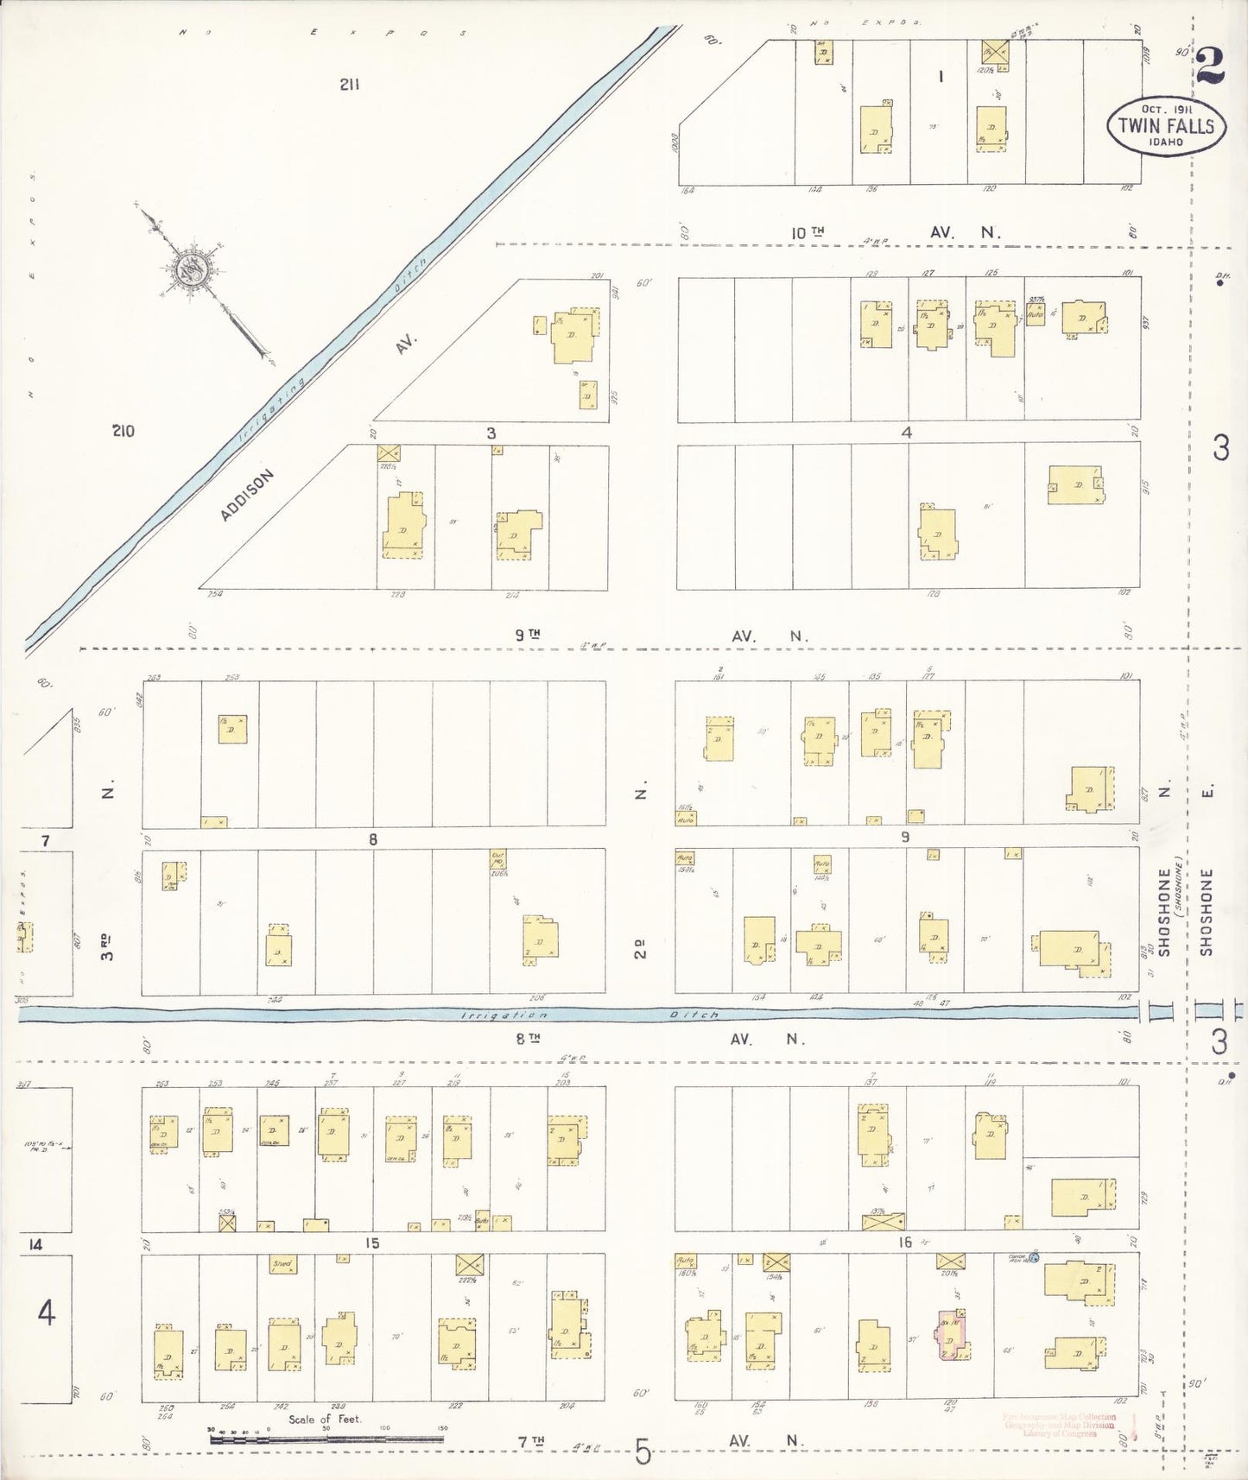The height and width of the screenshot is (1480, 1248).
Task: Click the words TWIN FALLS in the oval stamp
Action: click(1166, 125)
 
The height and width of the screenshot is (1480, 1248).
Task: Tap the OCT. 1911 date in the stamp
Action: click(1165, 109)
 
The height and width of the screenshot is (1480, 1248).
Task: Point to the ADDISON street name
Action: click(246, 496)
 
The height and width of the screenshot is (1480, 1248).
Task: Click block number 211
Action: click(350, 85)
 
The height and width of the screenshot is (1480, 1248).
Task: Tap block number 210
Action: click(123, 431)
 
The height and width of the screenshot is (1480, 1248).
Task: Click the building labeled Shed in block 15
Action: click(282, 1264)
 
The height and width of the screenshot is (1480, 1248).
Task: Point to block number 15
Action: click(371, 1243)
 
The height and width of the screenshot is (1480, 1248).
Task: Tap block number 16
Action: click(904, 1243)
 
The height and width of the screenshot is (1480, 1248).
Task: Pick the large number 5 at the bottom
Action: click(642, 1452)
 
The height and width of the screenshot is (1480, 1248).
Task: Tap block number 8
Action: click(373, 838)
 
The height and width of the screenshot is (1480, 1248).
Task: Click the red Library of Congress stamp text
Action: click(1060, 1426)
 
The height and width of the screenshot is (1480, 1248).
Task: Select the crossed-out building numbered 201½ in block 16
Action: click(950, 1261)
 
